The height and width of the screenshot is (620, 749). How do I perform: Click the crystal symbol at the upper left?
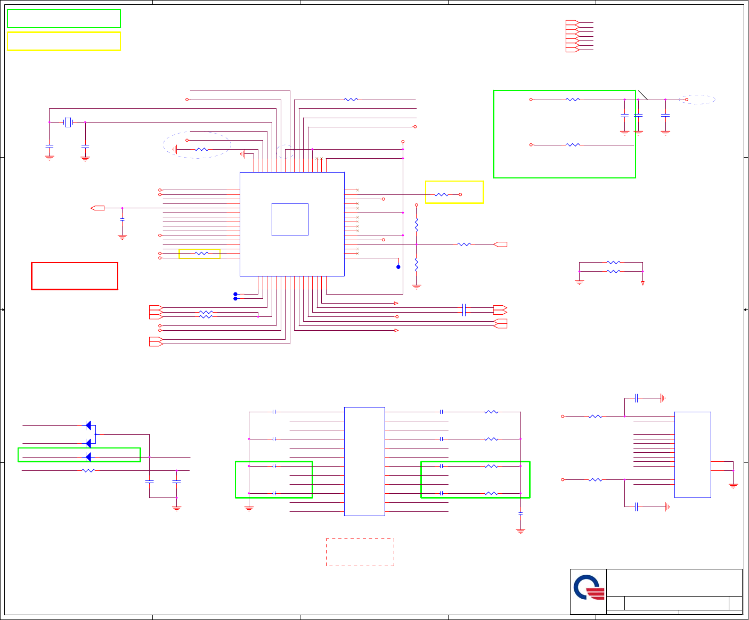tap(68, 123)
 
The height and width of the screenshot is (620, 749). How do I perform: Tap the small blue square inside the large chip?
tap(290, 219)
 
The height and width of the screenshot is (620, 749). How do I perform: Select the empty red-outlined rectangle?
tap(75, 276)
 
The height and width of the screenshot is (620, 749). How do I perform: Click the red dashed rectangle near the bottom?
tap(360, 552)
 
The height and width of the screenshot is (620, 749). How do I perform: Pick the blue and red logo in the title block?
tap(589, 588)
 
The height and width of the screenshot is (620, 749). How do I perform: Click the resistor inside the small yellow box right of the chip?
tap(442, 195)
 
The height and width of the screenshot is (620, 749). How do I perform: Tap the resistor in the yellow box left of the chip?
tap(202, 254)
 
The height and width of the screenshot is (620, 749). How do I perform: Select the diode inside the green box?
tap(88, 457)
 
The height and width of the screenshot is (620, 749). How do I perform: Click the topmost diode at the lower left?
tap(88, 425)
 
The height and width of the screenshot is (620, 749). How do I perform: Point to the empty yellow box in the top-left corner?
tap(64, 41)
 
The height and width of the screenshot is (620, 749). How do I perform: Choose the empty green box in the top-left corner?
tap(64, 19)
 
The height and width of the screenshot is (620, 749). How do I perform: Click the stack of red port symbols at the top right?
tap(572, 36)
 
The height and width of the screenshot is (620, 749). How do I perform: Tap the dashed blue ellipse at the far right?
tap(697, 100)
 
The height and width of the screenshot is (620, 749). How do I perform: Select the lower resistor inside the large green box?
tap(573, 145)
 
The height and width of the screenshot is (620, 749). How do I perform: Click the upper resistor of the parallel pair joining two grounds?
tap(614, 263)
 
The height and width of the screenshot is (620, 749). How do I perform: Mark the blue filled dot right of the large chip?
tap(398, 267)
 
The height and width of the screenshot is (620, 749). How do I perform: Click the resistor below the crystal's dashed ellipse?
tap(202, 150)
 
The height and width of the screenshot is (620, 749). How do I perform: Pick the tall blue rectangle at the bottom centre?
tap(364, 461)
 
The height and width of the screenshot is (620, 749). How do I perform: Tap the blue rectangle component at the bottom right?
tap(693, 454)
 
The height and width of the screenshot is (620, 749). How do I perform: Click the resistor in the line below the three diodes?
tap(88, 470)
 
